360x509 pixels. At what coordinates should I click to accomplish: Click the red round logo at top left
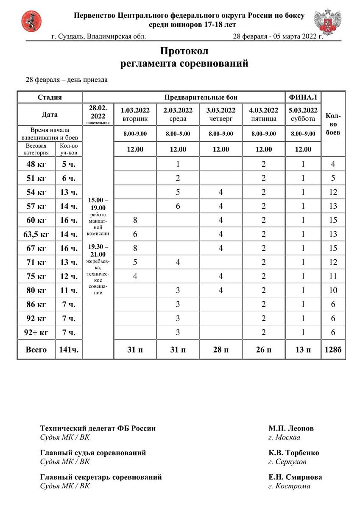[x=31, y=21]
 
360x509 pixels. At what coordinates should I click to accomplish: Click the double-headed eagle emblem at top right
[x=327, y=22]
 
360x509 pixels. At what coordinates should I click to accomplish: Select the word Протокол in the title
[x=184, y=51]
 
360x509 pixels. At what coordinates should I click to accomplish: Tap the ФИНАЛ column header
[x=303, y=97]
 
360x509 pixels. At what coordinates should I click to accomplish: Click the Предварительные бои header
[x=184, y=97]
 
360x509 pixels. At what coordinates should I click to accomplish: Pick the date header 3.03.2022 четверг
[x=220, y=115]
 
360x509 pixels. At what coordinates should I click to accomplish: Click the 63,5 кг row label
[x=36, y=234]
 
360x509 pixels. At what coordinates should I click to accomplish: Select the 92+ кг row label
[x=36, y=332]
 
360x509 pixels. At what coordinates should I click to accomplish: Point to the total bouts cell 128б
[x=333, y=350]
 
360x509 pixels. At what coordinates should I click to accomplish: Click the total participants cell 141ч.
[x=68, y=350]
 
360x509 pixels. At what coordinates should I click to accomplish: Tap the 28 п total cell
[x=220, y=350]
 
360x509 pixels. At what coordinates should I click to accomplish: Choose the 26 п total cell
[x=263, y=350]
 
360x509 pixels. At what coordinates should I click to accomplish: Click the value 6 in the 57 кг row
[x=178, y=206]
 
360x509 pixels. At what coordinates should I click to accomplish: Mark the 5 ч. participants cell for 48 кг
[x=68, y=164]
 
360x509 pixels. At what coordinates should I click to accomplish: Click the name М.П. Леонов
[x=291, y=428]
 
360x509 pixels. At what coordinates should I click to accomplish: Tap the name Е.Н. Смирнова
[x=295, y=477]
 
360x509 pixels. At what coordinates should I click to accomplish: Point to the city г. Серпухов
[x=287, y=461]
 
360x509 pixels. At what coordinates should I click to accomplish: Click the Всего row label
[x=36, y=350]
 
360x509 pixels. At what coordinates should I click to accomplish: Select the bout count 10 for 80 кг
[x=333, y=290]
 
